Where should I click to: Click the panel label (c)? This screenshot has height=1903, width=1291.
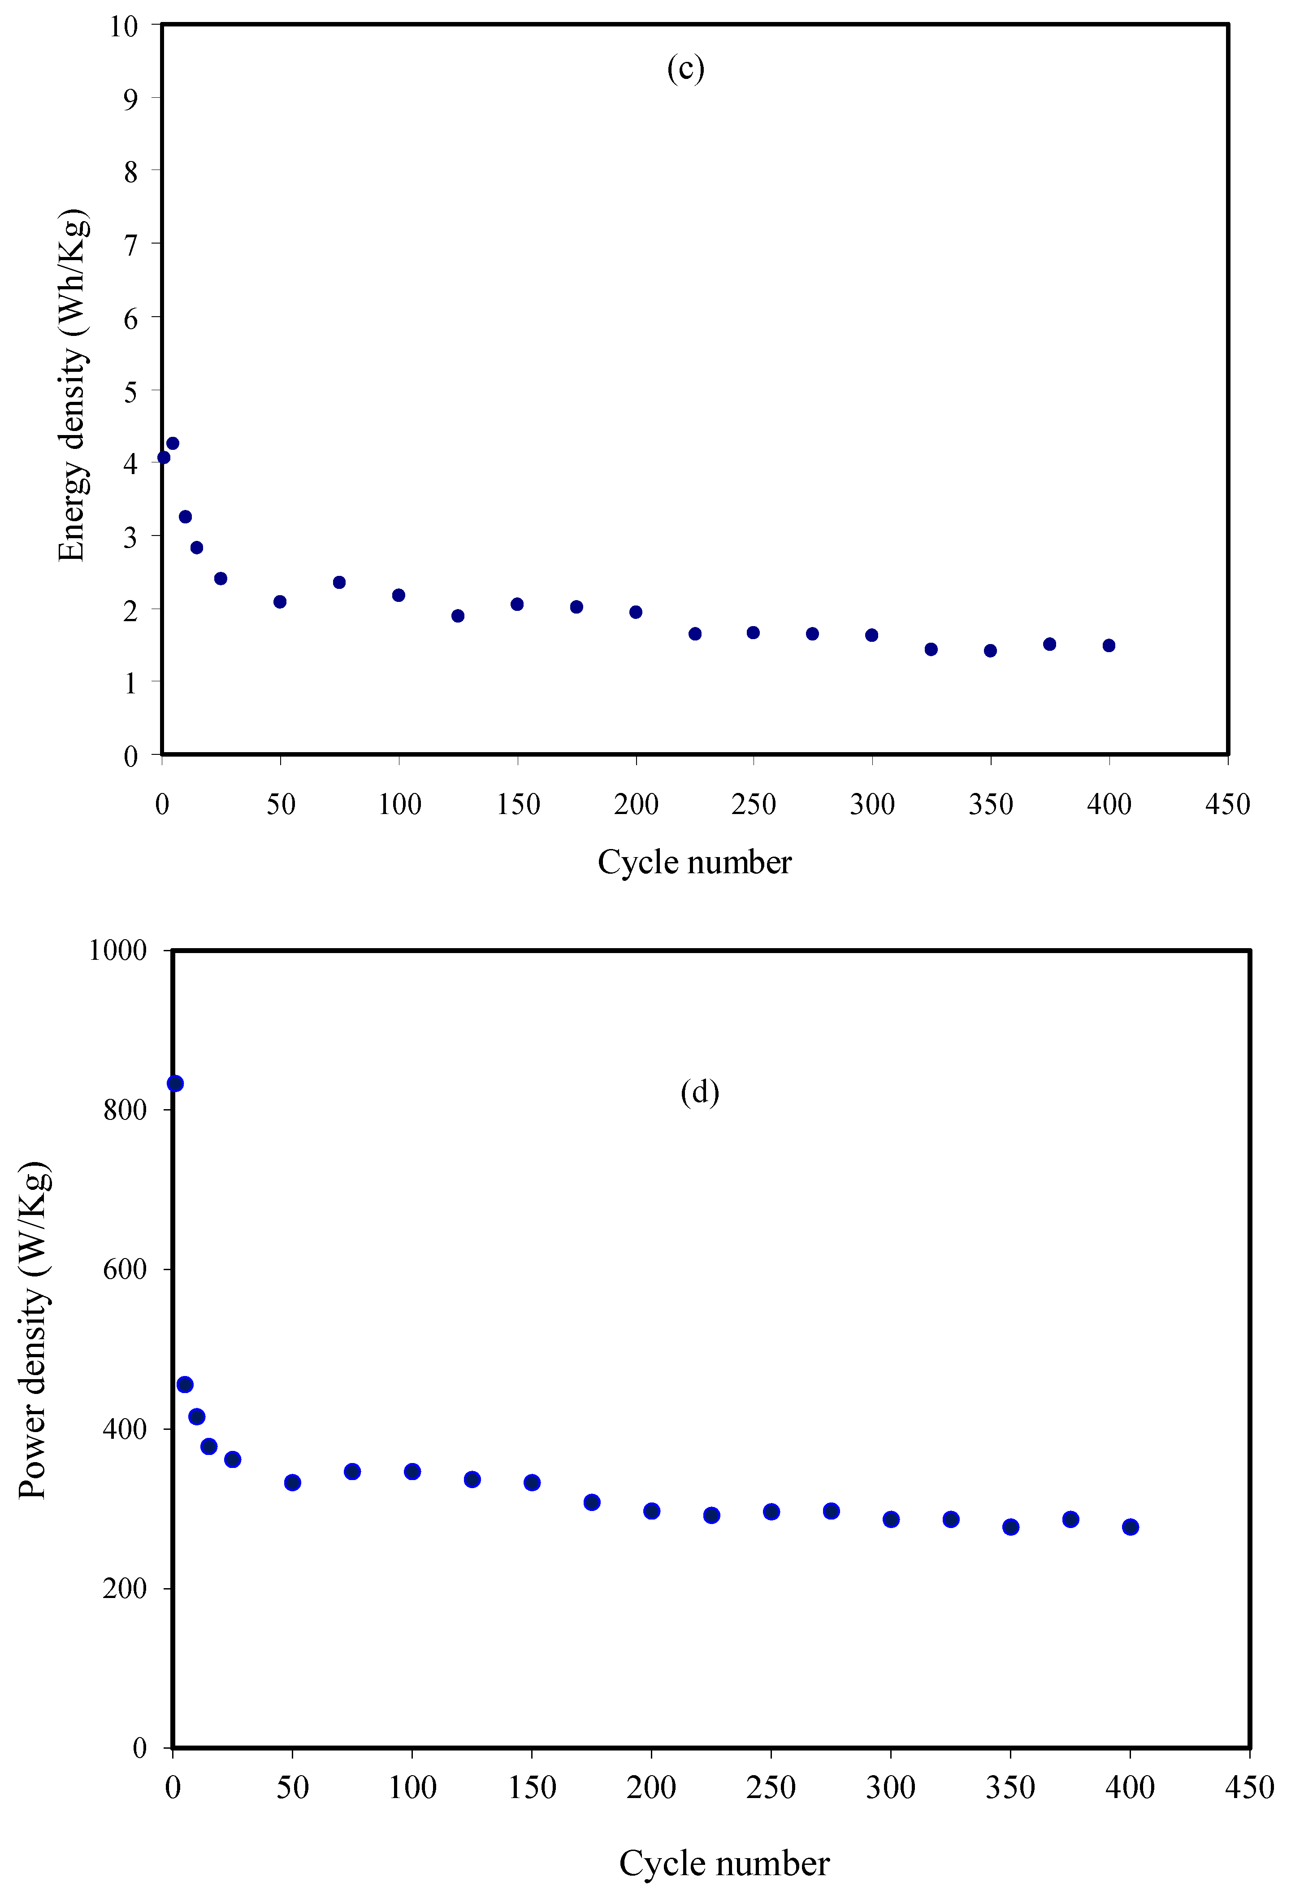pos(685,69)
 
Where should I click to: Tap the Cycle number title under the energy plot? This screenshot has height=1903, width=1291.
pos(694,862)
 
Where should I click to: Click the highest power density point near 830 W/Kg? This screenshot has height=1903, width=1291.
pos(175,1083)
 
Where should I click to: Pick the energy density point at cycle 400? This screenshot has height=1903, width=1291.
pos(1109,645)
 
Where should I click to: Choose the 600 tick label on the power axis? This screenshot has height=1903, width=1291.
pos(125,1269)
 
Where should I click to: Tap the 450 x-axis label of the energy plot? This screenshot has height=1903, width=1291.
pos(1227,804)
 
